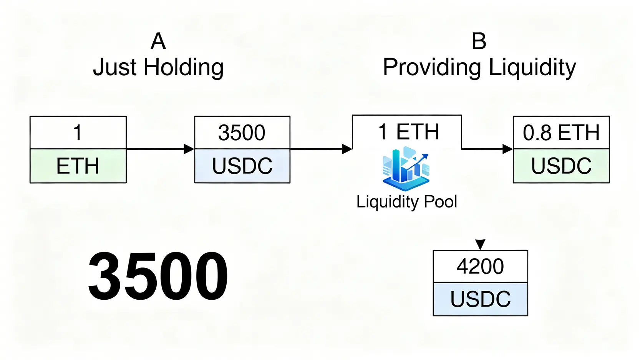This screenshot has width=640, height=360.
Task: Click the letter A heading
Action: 158,41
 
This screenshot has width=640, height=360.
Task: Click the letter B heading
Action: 479,41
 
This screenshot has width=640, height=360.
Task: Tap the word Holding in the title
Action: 183,68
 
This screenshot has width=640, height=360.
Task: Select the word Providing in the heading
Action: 432,68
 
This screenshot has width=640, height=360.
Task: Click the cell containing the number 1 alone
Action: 78,133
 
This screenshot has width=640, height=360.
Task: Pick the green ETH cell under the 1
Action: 78,166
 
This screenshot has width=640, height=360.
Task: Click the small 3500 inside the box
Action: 242,133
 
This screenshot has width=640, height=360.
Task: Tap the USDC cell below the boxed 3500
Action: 242,166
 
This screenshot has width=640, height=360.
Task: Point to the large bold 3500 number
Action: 158,275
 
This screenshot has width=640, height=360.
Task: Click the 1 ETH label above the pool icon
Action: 408,132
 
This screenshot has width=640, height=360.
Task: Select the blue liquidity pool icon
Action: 406,169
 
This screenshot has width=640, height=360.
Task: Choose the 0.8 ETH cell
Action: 561,133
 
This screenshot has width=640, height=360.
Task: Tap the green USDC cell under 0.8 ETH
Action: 561,166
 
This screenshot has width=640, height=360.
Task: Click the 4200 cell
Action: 480,266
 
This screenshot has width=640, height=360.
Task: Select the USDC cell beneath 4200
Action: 480,299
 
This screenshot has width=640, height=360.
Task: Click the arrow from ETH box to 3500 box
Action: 160,149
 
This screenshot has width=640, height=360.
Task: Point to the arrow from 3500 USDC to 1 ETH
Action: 321,149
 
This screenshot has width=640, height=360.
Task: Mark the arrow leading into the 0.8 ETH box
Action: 487,149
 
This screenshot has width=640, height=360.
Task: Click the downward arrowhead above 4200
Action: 480,244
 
